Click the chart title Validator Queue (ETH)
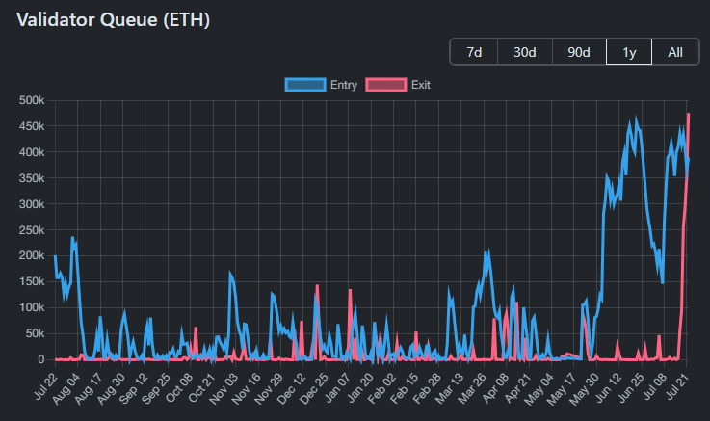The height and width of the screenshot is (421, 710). point(113,19)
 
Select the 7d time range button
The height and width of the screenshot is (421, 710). point(474,52)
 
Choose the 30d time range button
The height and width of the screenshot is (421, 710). point(525,52)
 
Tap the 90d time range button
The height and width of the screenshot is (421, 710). point(579,52)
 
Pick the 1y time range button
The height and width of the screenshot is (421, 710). point(628,52)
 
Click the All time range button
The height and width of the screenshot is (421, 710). point(675,52)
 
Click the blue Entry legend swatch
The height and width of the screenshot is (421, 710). point(305,85)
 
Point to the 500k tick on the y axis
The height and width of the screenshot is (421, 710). point(32,100)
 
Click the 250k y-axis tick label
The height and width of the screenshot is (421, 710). point(32,229)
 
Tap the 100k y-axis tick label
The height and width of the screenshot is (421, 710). point(32,307)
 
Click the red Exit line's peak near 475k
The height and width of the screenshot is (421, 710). point(688,114)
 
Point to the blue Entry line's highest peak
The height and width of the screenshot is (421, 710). point(631,121)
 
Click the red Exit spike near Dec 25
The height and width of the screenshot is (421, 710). point(317,285)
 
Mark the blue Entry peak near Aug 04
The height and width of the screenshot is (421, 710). point(72,237)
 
